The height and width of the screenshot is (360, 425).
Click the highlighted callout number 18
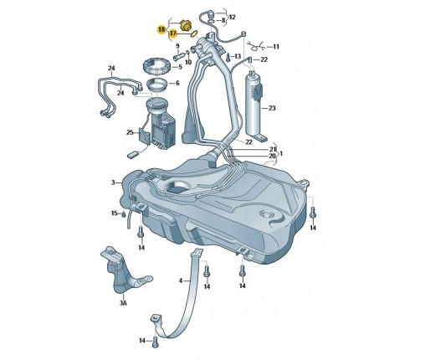point(161,29)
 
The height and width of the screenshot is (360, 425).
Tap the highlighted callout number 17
point(173,33)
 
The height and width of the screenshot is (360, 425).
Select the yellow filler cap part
point(184,25)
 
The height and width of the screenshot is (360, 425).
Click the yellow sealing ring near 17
point(194,34)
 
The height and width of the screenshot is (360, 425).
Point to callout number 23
point(272,108)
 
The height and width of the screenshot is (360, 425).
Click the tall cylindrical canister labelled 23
point(254,106)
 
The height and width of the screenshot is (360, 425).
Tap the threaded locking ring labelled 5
point(156,67)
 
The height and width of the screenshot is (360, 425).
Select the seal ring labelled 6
point(157,85)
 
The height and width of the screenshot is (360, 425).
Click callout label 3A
point(123,302)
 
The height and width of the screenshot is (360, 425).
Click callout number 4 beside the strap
point(181,280)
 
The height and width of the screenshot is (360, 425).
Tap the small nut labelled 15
point(124,214)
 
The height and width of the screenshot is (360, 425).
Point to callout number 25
point(130,132)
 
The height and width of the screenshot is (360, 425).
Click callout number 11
point(276,47)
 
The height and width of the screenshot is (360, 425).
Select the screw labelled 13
point(228,57)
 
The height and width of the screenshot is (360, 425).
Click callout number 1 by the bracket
point(281,153)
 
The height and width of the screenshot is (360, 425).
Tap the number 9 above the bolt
point(177,46)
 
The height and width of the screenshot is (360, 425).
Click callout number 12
point(232,17)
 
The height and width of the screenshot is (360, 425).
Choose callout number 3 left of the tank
point(113,183)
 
